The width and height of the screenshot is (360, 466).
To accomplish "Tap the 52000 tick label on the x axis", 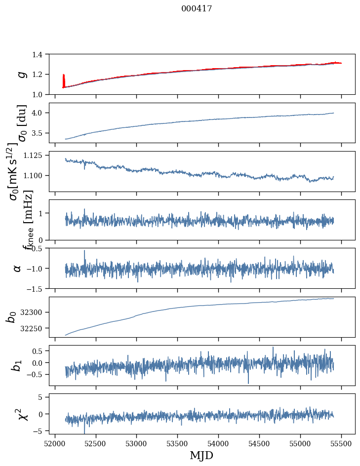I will point(55,443).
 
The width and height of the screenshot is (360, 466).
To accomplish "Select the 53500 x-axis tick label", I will point(177,443).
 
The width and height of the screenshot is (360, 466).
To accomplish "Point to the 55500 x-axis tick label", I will point(341,443).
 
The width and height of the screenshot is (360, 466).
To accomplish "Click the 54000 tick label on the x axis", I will point(218,443).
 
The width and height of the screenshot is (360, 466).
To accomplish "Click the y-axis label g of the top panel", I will point(21,74).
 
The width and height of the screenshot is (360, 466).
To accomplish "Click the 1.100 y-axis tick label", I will point(37,176).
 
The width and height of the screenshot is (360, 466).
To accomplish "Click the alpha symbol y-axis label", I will point(17,268).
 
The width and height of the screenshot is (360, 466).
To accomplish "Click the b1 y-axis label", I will point(17,365).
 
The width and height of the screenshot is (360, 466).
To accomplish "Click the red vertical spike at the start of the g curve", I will point(64,80).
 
